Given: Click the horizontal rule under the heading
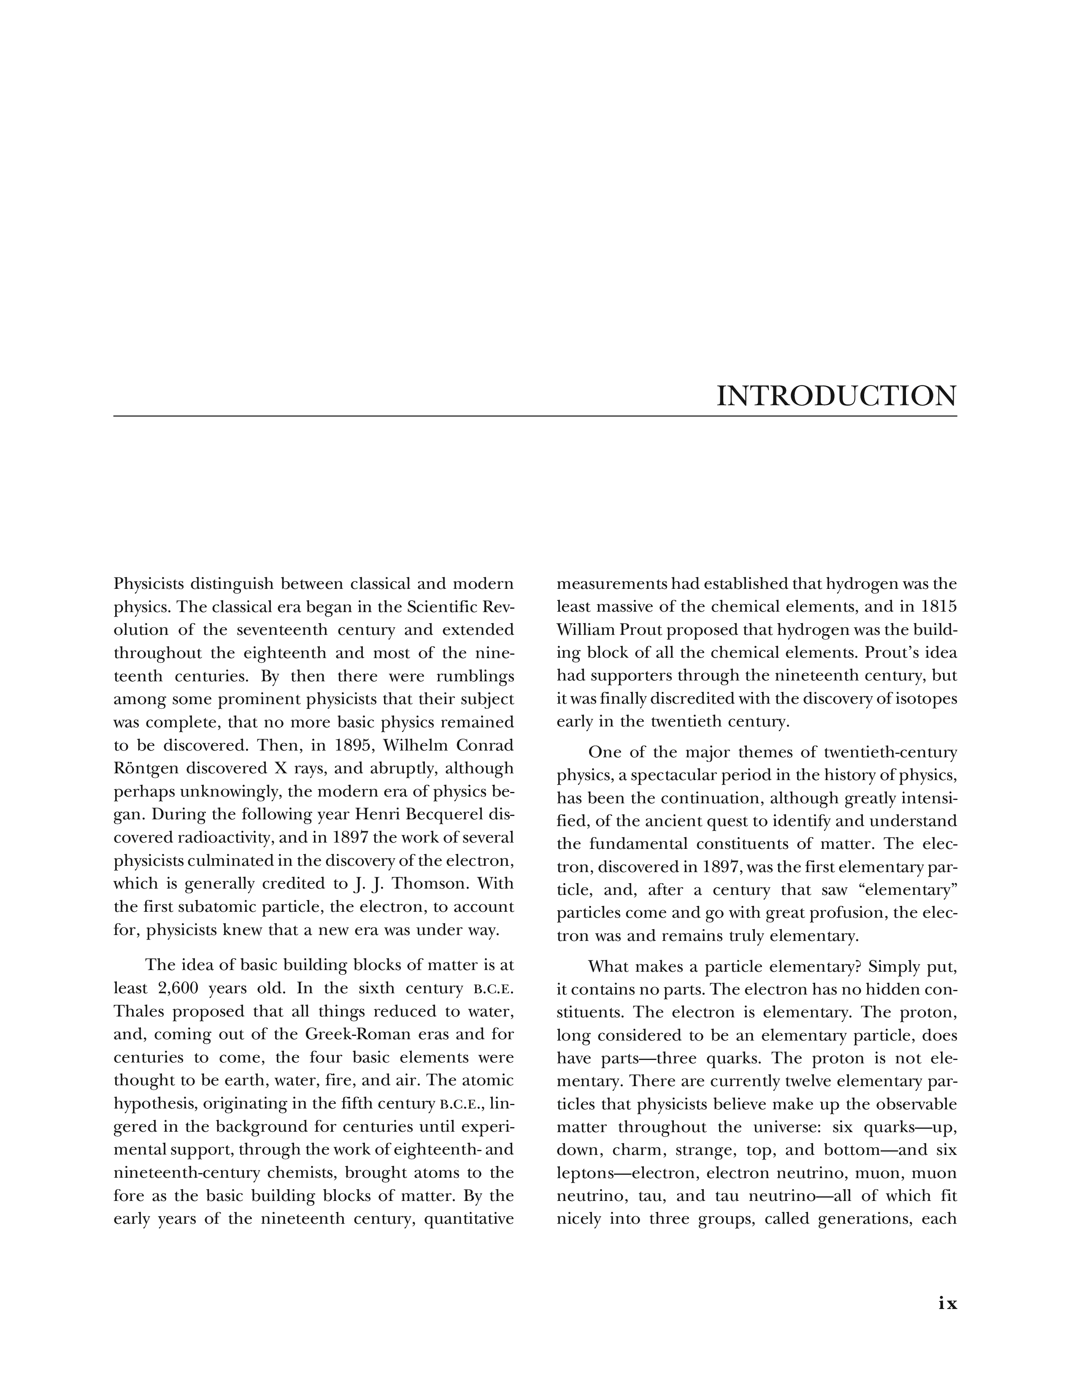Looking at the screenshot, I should (535, 417).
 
